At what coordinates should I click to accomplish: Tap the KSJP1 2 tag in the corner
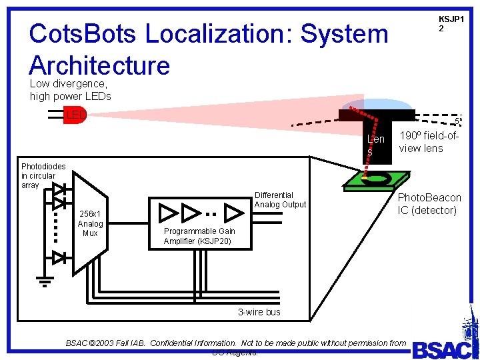click(x=451, y=24)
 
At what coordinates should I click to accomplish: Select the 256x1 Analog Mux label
click(x=90, y=223)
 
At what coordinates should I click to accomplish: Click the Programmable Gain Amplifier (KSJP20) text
click(x=199, y=236)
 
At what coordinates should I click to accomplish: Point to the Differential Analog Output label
click(x=280, y=200)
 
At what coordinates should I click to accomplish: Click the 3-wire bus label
click(x=259, y=312)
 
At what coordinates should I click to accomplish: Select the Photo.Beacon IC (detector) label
click(x=429, y=204)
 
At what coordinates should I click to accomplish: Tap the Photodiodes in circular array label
click(x=43, y=175)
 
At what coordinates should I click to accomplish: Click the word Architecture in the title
click(x=100, y=65)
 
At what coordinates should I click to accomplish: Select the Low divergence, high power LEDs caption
click(x=71, y=91)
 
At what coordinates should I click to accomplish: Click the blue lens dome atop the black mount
click(x=377, y=105)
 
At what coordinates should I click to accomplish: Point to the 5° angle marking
click(x=458, y=122)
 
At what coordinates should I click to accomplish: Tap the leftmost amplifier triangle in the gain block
click(x=169, y=213)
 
